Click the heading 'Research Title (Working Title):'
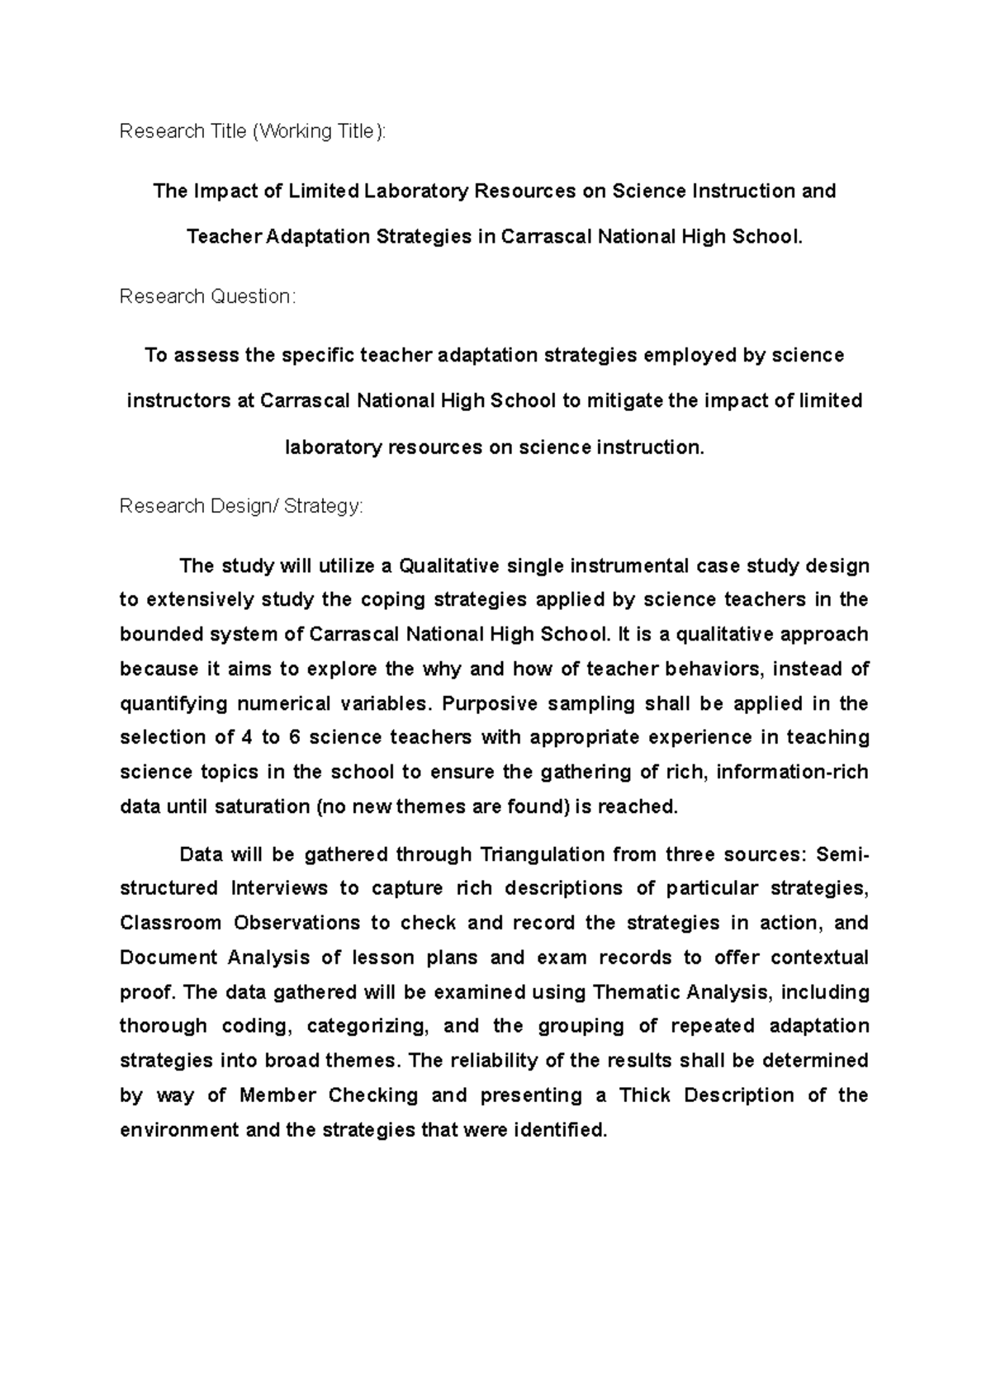252,131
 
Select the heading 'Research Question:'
206,296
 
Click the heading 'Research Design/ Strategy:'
241,506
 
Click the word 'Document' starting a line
168,958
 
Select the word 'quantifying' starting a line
173,703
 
